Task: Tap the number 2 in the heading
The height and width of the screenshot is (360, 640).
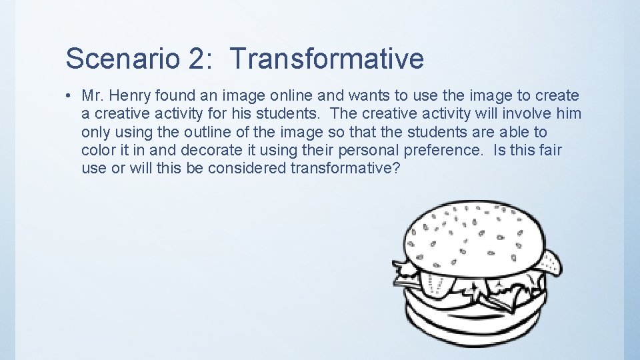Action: click(x=197, y=59)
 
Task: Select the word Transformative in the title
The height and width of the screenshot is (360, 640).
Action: click(x=327, y=59)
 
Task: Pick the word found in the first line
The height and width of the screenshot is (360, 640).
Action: click(x=175, y=96)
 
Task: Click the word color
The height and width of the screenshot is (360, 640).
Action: click(x=98, y=150)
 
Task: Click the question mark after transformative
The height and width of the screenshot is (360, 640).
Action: click(x=397, y=168)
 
